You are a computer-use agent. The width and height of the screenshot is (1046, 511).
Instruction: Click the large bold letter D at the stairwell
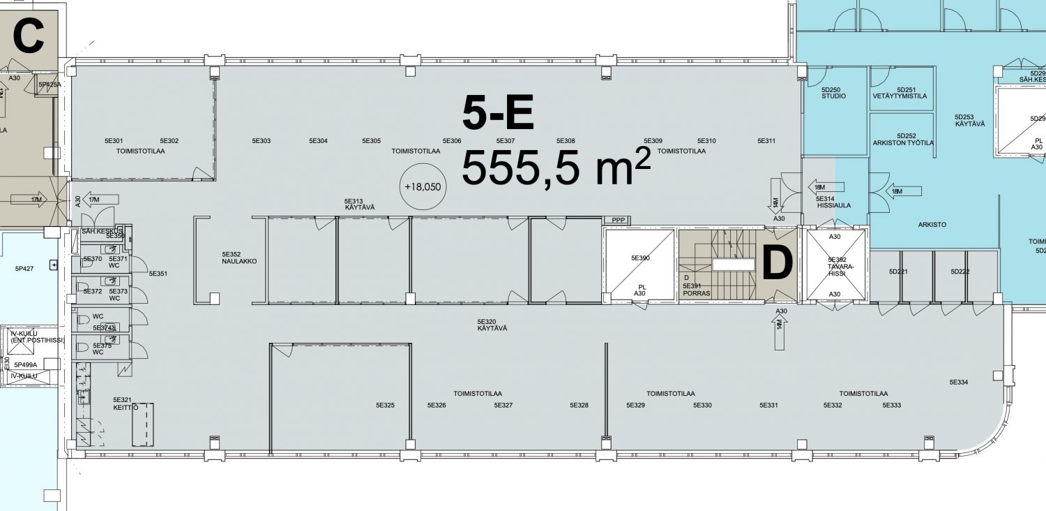pyautogui.click(x=777, y=263)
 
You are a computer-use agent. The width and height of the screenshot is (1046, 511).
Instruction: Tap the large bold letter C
pyautogui.click(x=29, y=38)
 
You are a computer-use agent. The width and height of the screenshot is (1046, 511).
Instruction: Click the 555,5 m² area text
pyautogui.click(x=556, y=168)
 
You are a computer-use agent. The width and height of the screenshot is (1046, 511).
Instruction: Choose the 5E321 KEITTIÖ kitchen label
pyautogui.click(x=122, y=403)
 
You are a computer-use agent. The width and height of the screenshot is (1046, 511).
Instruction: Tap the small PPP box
pyautogui.click(x=617, y=221)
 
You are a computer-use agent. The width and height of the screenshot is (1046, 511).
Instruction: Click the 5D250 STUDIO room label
pyautogui.click(x=833, y=93)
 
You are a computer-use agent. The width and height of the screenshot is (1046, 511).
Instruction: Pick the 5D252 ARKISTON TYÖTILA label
pyautogui.click(x=903, y=139)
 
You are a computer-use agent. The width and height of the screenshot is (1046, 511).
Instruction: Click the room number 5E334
pyautogui.click(x=959, y=382)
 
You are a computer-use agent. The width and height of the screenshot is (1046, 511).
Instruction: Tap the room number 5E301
pyautogui.click(x=114, y=141)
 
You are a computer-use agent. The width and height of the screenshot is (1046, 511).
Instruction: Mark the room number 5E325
pyautogui.click(x=386, y=405)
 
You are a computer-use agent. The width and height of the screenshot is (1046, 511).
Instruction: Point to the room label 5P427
pyautogui.click(x=24, y=268)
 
